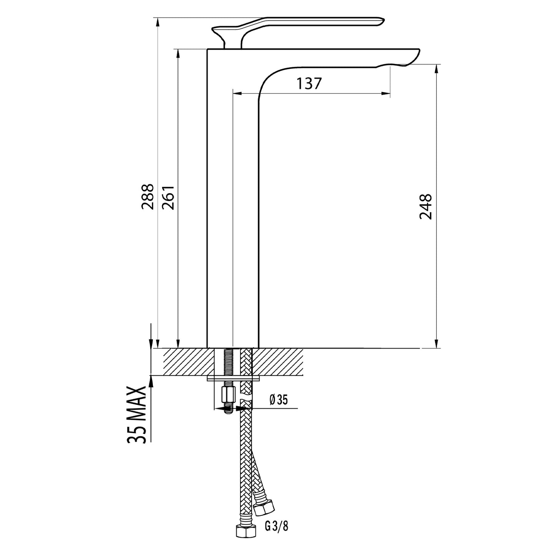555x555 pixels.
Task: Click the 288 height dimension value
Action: coord(147,196)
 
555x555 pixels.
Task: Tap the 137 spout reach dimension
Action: coord(308,83)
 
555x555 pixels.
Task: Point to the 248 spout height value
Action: coord(426,207)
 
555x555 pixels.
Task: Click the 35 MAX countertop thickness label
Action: coord(136,414)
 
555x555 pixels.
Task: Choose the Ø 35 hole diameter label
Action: coord(278,400)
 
